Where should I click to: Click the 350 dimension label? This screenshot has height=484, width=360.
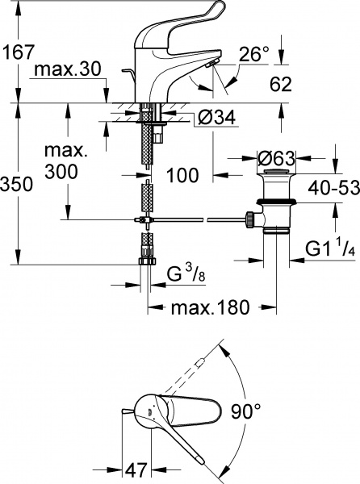pos(16,185)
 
